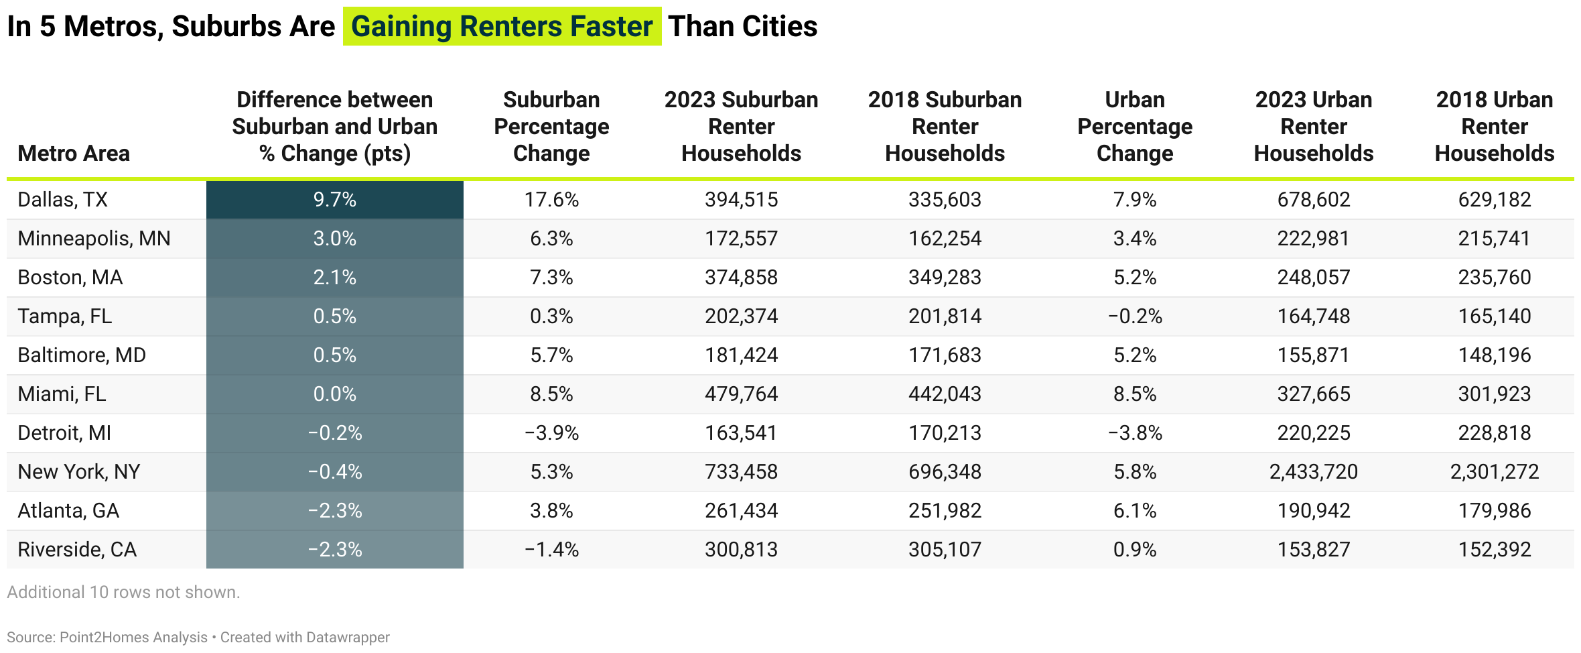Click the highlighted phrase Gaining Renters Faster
502,27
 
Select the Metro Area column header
74,154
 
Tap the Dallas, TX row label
62,200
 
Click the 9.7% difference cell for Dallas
334,200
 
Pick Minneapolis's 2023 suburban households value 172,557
741,239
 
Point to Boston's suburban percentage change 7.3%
551,278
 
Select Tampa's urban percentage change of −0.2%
1135,316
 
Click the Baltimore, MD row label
82,355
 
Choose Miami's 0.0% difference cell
334,394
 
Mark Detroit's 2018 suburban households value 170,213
945,433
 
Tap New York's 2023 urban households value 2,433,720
1313,472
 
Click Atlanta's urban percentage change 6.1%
1135,511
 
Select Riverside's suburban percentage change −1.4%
551,550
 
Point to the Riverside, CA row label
77,550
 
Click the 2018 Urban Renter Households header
1494,127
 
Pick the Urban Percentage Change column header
1135,127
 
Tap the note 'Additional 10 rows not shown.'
123,593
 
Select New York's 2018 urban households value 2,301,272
1494,472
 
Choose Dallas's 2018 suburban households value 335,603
945,200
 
